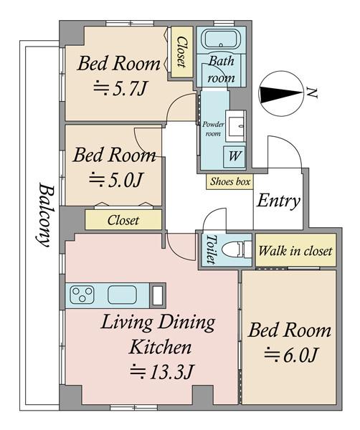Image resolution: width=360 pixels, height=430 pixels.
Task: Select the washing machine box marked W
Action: coord(234,156)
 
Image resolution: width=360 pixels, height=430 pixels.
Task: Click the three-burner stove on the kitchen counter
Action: coord(82,295)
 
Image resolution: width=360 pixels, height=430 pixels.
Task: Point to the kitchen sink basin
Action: coord(122,295)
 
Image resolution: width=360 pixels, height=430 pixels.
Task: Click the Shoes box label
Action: coord(230,181)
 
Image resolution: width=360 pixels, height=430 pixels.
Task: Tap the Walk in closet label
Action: coord(295,251)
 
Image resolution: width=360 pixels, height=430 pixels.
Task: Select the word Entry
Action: coord(278,201)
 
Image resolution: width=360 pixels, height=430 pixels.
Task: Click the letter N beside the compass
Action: coord(312,93)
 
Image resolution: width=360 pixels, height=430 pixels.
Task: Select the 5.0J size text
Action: coord(115,180)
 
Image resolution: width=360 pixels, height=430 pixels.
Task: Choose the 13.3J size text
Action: coord(162,371)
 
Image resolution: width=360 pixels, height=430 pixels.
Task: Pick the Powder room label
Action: coord(213,128)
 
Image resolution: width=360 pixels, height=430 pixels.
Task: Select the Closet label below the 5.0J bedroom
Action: coord(123,220)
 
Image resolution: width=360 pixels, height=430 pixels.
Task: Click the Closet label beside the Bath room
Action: coord(181,52)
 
